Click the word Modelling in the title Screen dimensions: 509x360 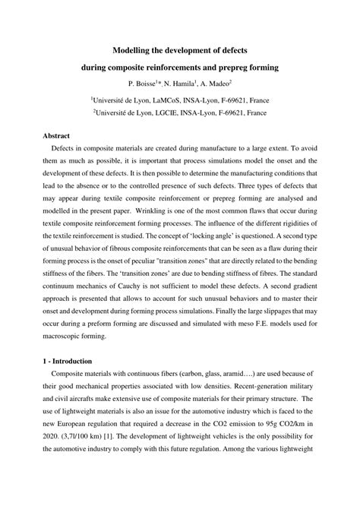(134, 49)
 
